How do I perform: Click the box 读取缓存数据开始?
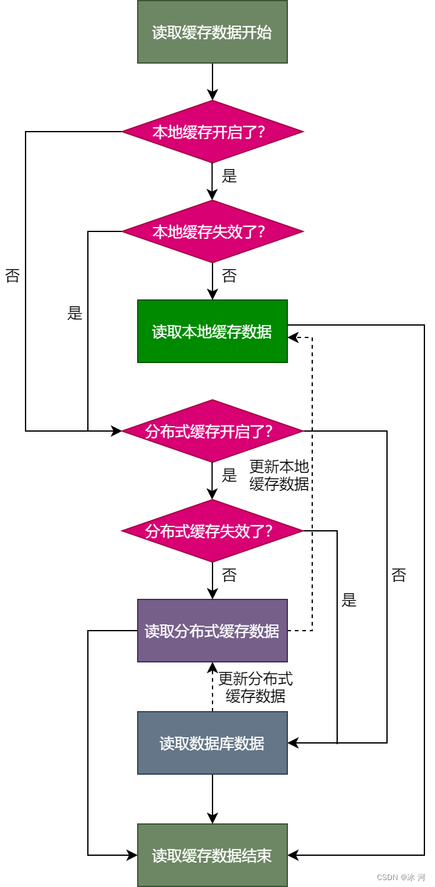pyautogui.click(x=212, y=32)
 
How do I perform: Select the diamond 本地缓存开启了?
pyautogui.click(x=212, y=132)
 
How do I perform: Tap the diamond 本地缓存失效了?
pyautogui.click(x=212, y=231)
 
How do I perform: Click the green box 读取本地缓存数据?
pyautogui.click(x=212, y=331)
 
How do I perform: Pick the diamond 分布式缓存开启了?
pyautogui.click(x=212, y=431)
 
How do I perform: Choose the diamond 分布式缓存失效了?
pyautogui.click(x=212, y=531)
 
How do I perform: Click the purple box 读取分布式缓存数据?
pyautogui.click(x=212, y=631)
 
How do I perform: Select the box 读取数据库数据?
pyautogui.click(x=212, y=743)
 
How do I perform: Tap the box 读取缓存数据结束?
pyautogui.click(x=212, y=855)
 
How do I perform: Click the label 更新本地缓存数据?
pyautogui.click(x=279, y=475)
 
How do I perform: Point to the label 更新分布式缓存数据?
pyautogui.click(x=256, y=687)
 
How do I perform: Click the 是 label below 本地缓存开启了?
pyautogui.click(x=229, y=176)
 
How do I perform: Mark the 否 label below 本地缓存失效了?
pyautogui.click(x=229, y=276)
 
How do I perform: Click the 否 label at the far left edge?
pyautogui.click(x=12, y=276)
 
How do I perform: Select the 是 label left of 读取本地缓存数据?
pyautogui.click(x=75, y=313)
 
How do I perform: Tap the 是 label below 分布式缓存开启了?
pyautogui.click(x=229, y=475)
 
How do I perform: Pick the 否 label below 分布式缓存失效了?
pyautogui.click(x=229, y=575)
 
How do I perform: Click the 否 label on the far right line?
pyautogui.click(x=399, y=575)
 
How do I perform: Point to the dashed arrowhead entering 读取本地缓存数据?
pyautogui.click(x=292, y=337)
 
